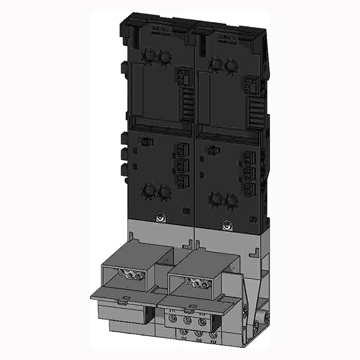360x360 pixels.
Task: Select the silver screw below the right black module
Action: (x=226, y=226)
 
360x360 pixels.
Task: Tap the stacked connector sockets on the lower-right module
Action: (x=251, y=173)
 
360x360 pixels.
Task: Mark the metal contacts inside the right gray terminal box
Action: (x=199, y=281)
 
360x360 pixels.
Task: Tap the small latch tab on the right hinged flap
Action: (x=189, y=311)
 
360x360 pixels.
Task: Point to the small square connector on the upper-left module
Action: (x=183, y=77)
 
